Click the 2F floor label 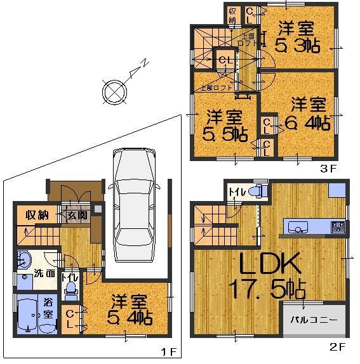point(337,347)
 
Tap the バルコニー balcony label point(315,320)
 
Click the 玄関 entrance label point(76,214)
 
